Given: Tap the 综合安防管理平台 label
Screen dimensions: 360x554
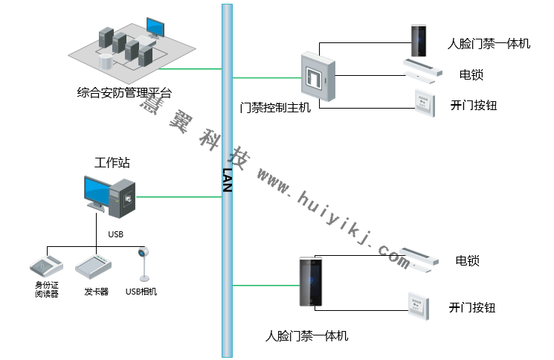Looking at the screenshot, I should [124, 94].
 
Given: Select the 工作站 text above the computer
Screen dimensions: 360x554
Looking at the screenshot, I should [112, 163].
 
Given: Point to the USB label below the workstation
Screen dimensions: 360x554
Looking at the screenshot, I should [115, 234].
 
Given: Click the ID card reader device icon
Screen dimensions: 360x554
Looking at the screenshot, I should [47, 265].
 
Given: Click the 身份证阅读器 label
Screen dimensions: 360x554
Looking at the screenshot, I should [47, 289].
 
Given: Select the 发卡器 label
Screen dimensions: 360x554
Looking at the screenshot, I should [96, 292].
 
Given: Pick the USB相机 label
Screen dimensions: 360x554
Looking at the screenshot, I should [141, 292].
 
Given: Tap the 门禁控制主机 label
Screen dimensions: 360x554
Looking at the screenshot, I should [276, 108].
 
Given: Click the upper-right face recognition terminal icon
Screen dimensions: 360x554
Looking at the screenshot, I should [420, 41].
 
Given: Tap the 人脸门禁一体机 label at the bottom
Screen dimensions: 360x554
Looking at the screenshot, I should [306, 335].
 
